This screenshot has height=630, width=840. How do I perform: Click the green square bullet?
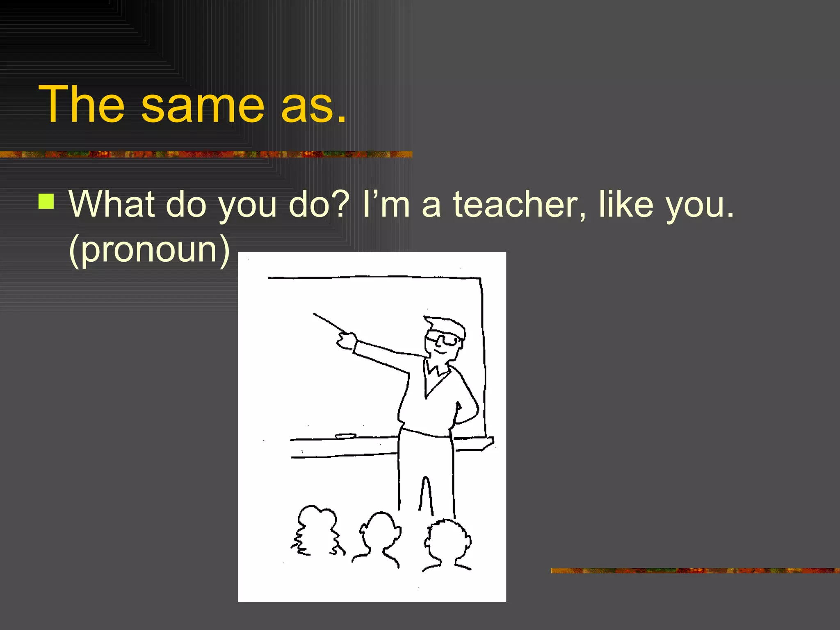pyautogui.click(x=46, y=201)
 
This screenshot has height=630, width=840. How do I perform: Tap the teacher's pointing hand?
pyautogui.click(x=347, y=341)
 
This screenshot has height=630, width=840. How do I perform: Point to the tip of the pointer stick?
pyautogui.click(x=315, y=315)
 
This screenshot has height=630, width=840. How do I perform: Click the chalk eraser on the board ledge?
pyautogui.click(x=345, y=436)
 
